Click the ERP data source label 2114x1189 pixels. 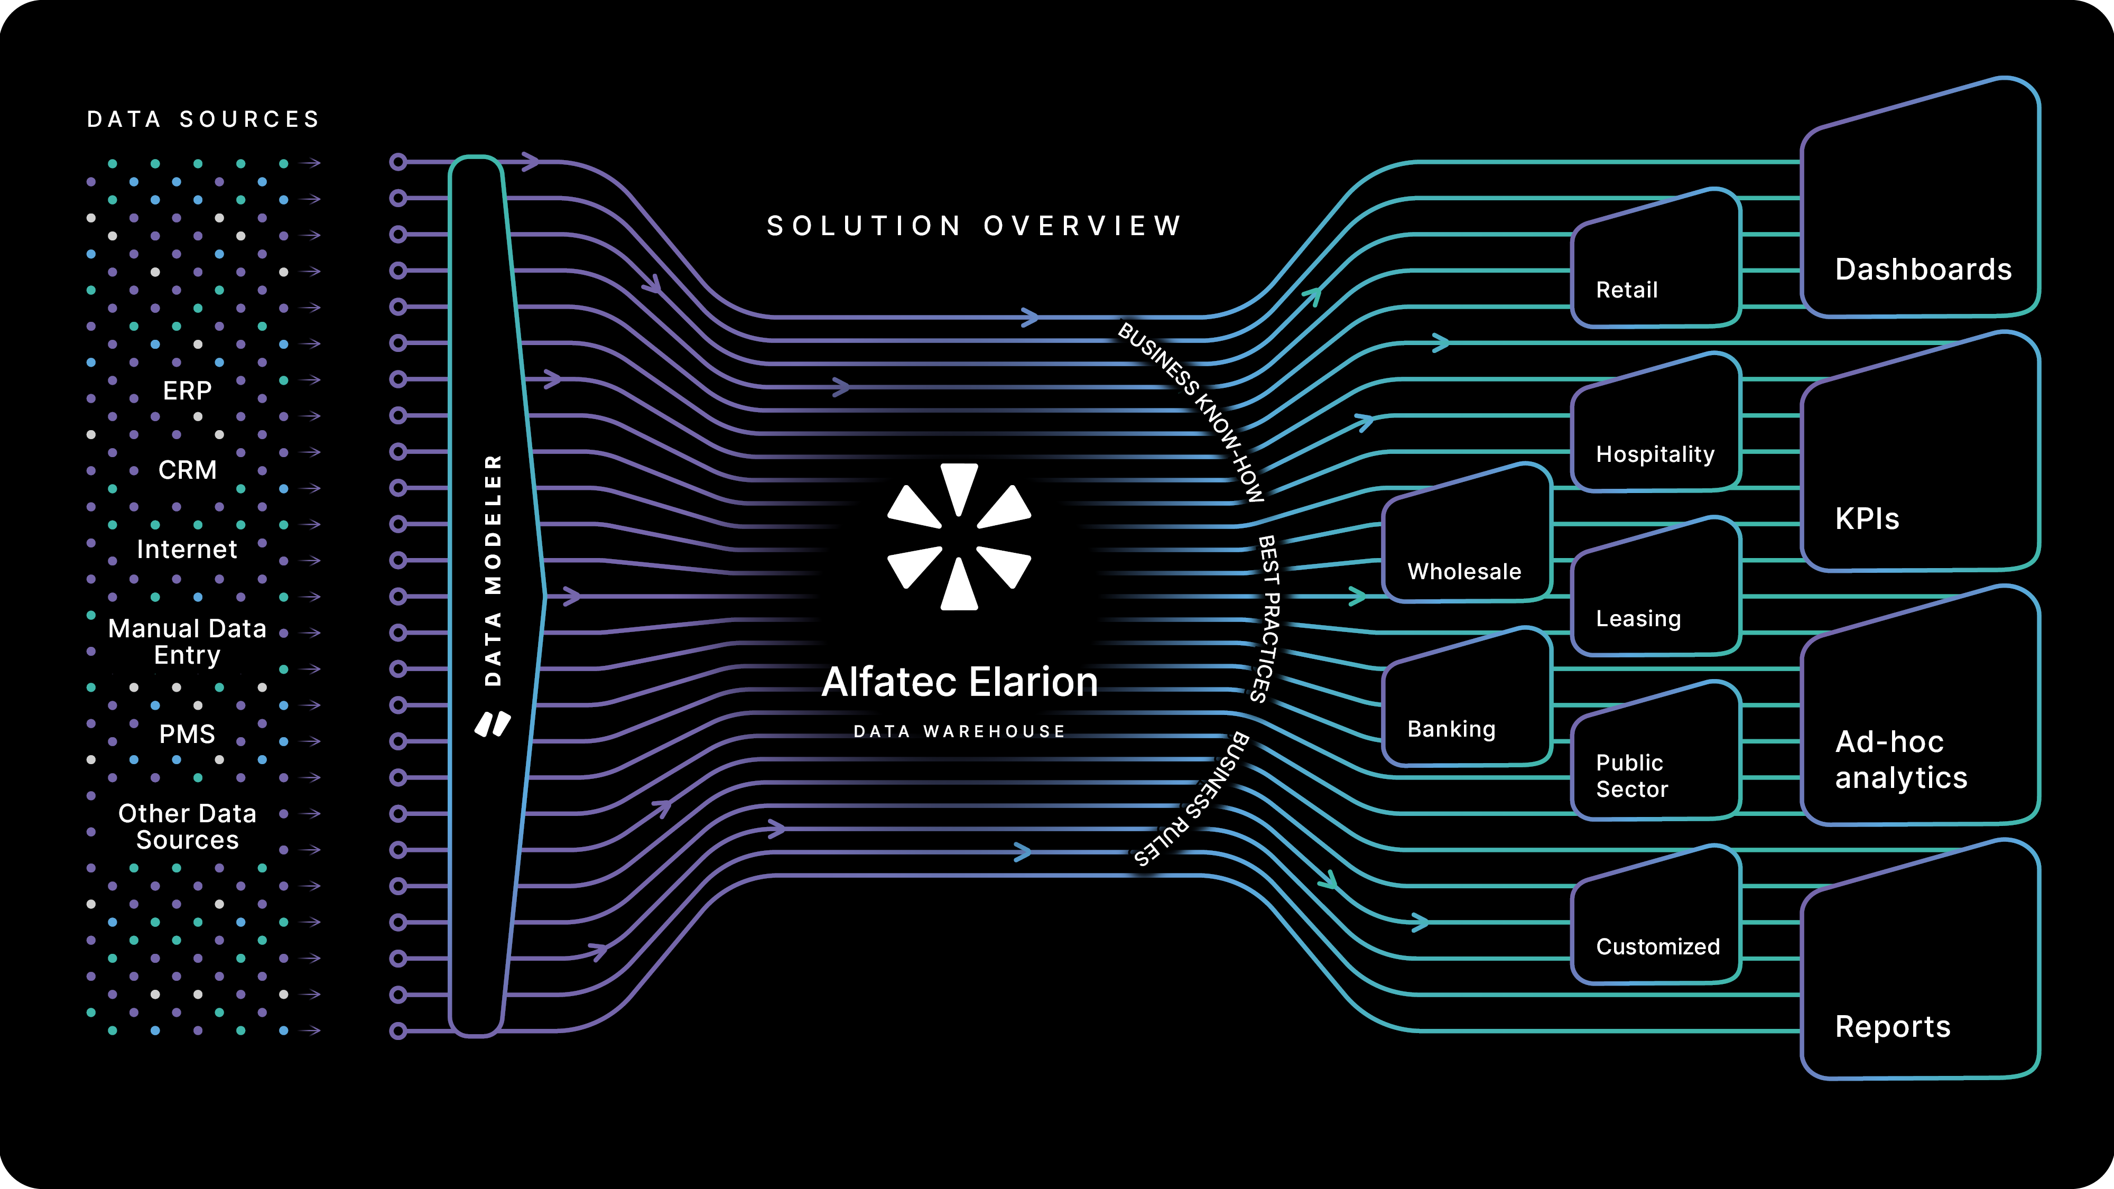(187, 391)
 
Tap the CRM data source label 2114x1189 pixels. (187, 470)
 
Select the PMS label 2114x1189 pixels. (187, 733)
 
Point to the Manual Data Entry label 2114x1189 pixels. (187, 642)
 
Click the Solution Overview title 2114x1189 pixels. (974, 226)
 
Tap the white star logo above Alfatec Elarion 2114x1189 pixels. (959, 537)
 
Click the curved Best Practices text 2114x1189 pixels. (1268, 619)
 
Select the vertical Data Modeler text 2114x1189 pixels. (493, 570)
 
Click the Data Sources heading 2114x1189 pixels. (203, 120)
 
